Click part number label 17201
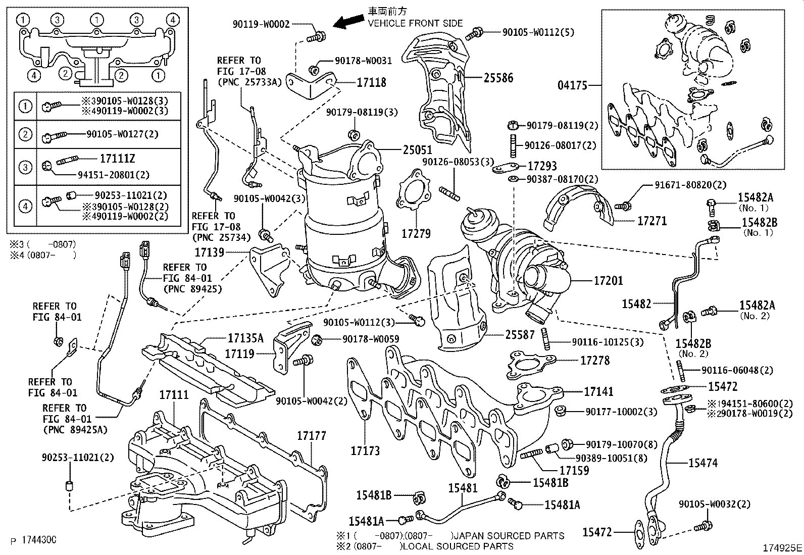tap(609, 280)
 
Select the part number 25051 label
tap(417, 150)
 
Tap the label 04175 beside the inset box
tap(572, 85)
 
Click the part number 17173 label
tap(365, 450)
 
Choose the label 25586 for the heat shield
tap(498, 78)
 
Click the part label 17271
tap(651, 221)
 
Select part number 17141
tap(599, 391)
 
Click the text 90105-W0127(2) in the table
tap(115, 134)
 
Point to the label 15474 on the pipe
tap(703, 463)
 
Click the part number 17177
tap(311, 435)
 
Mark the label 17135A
tap(245, 338)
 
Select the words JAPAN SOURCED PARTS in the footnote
tap(509, 536)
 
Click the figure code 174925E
tap(782, 547)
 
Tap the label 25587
tap(520, 334)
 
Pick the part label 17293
tap(542, 166)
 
